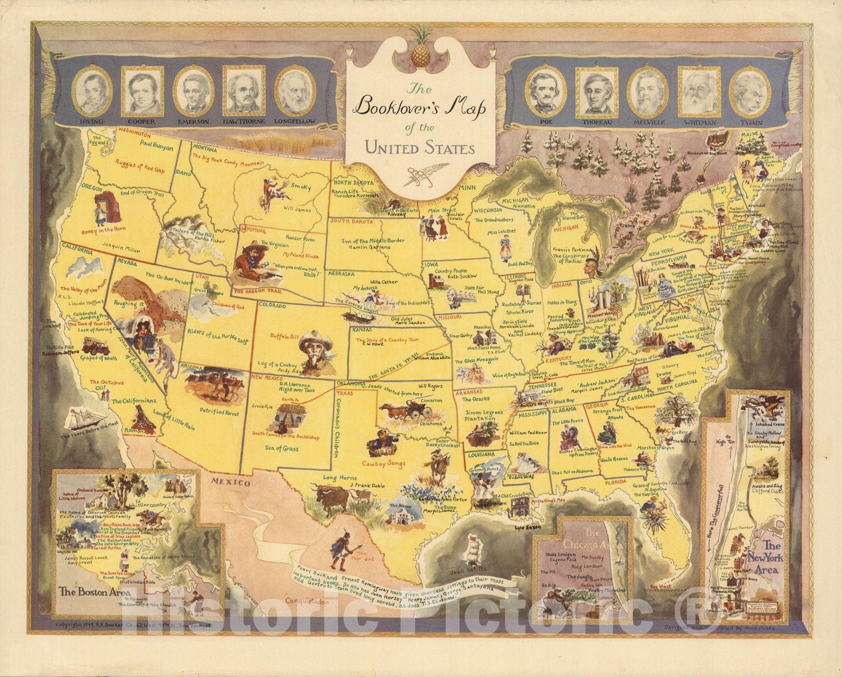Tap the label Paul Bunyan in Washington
point(157,148)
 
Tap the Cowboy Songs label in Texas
point(384,464)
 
